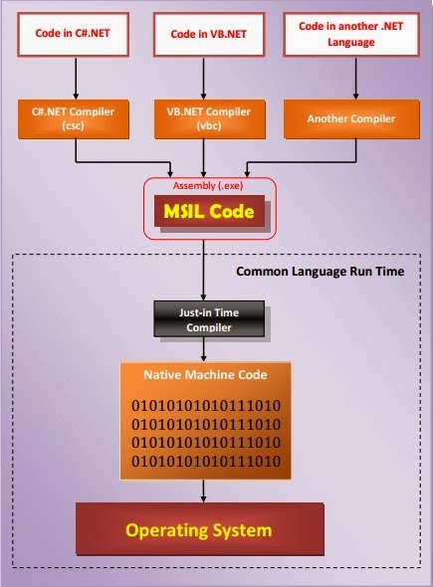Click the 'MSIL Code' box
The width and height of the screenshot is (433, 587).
pyautogui.click(x=203, y=212)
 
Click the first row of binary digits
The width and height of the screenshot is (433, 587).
pyautogui.click(x=205, y=406)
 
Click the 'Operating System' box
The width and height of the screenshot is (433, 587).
pyautogui.click(x=200, y=529)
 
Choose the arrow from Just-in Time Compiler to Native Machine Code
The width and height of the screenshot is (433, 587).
pyautogui.click(x=203, y=348)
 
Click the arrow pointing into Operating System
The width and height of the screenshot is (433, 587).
pyautogui.click(x=203, y=489)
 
